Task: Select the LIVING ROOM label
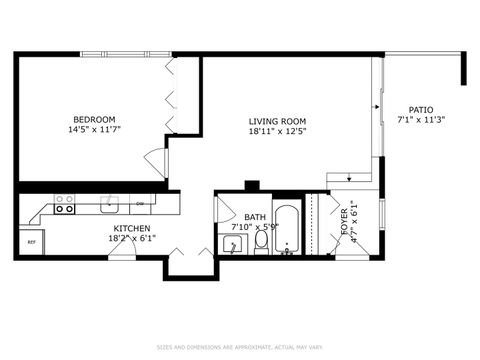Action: coord(277,122)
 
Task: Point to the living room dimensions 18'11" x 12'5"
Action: coord(277,132)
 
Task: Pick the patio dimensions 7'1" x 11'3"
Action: coord(420,120)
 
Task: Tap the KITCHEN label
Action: coord(132,229)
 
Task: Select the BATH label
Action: coord(254,216)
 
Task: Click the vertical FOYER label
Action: coord(345,222)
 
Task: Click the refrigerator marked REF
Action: coord(31,242)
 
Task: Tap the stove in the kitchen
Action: coord(64,204)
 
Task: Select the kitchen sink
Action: coord(110,204)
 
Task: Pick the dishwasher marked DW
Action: coord(141,204)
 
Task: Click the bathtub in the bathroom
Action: coord(286,230)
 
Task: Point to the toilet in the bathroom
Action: coord(261,240)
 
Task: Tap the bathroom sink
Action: coord(231,245)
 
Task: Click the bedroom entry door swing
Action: coord(155,161)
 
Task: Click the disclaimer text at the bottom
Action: coord(240,348)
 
